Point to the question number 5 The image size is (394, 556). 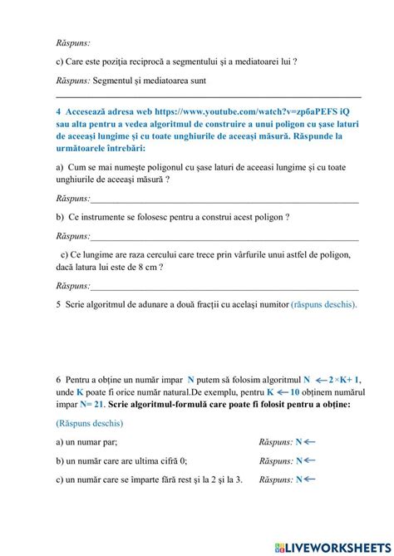point(58,304)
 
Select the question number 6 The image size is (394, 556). point(58,377)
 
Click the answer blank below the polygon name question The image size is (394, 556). point(224,199)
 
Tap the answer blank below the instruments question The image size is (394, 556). point(224,237)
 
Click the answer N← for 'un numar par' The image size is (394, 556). point(305,442)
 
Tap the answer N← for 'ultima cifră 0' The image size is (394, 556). point(305,461)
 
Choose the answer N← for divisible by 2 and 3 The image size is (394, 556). point(305,480)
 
